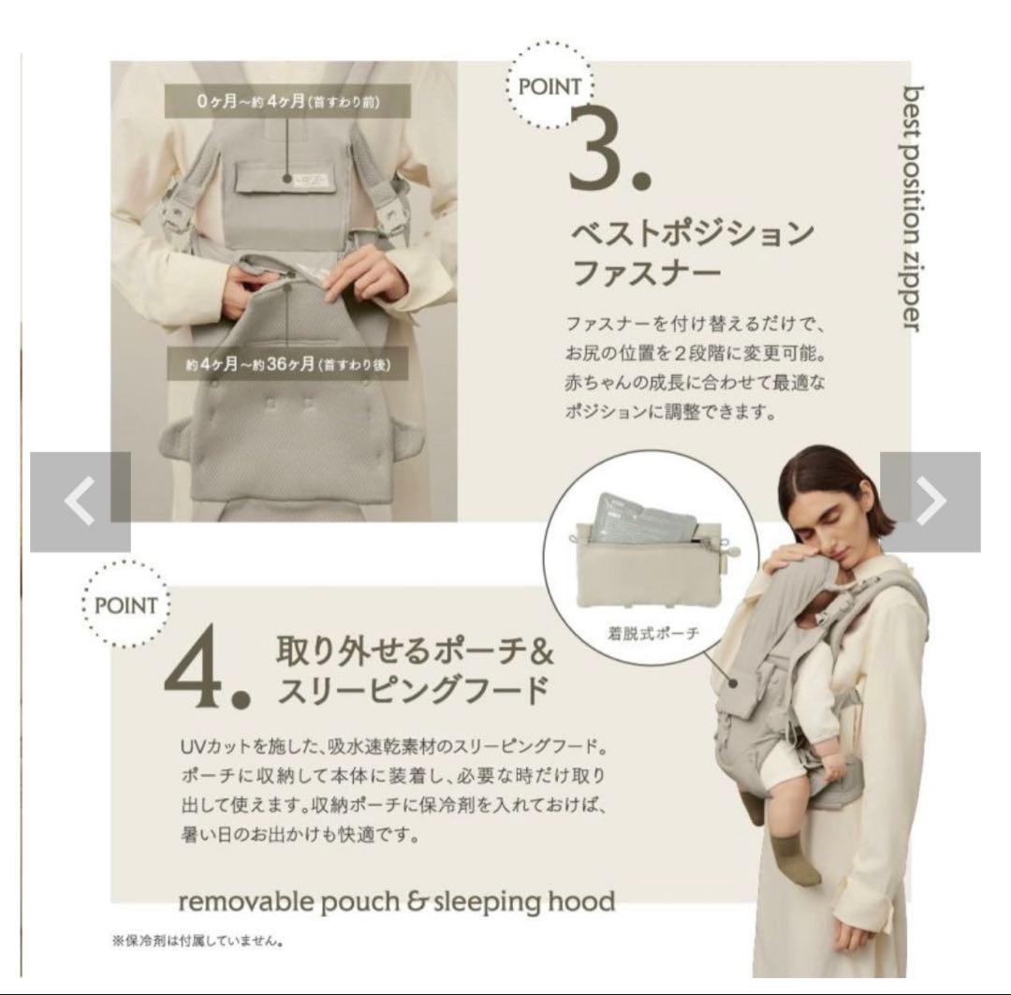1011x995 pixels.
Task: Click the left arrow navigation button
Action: tap(80, 502)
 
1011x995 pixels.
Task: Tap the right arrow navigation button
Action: tap(930, 502)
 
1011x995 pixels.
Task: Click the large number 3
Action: tap(609, 152)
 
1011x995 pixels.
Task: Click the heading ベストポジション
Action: tap(693, 233)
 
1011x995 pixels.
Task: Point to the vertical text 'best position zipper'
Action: tap(912, 209)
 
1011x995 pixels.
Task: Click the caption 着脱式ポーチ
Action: tap(653, 634)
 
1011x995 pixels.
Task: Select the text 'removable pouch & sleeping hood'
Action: tap(397, 901)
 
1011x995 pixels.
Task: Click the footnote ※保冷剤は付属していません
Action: tap(198, 941)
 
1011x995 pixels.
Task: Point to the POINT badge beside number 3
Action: tap(549, 86)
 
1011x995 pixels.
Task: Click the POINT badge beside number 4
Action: tap(125, 605)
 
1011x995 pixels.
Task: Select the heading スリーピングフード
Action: tap(414, 690)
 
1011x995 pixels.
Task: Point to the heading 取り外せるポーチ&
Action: tap(415, 650)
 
